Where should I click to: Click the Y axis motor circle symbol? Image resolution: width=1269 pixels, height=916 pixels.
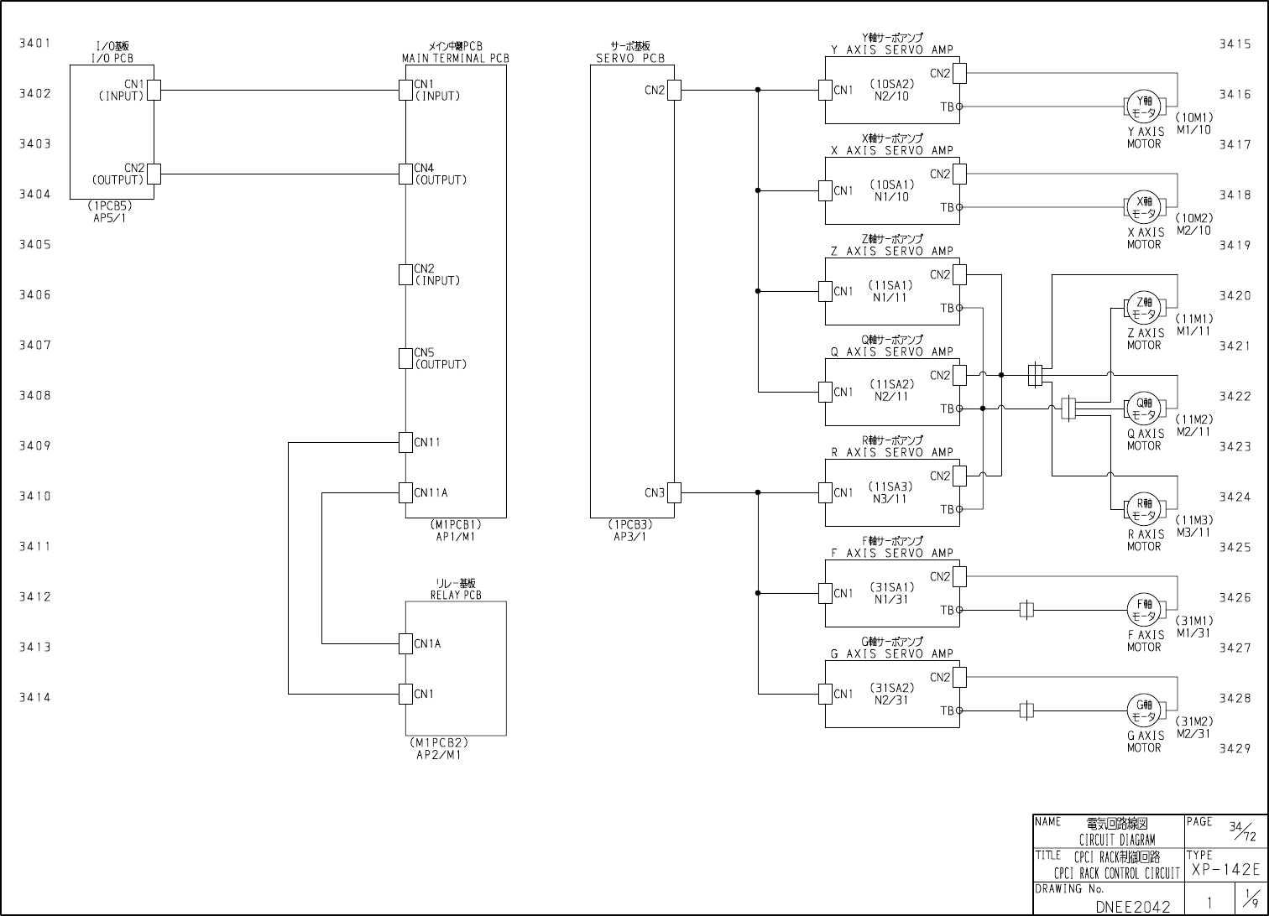(1143, 107)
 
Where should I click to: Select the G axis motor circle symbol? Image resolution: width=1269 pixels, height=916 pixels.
(1143, 710)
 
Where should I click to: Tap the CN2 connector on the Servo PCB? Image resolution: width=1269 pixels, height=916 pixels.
(674, 90)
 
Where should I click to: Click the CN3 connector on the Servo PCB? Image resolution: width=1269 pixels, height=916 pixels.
(674, 492)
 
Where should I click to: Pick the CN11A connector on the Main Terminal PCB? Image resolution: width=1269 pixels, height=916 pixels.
(405, 492)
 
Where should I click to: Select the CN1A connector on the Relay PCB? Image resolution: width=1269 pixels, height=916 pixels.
(405, 643)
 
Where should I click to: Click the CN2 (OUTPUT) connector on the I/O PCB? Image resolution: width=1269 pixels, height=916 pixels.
(154, 174)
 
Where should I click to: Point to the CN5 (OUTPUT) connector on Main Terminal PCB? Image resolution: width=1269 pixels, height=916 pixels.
(405, 358)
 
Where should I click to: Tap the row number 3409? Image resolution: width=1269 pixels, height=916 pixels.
(35, 445)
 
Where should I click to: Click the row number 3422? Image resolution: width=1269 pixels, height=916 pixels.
(1235, 396)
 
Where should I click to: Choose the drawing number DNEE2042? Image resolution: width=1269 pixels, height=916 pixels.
(1132, 906)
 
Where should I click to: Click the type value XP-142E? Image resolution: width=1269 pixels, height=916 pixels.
(1225, 869)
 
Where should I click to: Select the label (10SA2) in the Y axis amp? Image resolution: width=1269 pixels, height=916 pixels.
(890, 84)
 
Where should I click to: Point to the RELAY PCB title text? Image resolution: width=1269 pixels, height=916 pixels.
(456, 596)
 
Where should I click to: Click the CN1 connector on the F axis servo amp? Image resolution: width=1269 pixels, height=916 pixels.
(825, 593)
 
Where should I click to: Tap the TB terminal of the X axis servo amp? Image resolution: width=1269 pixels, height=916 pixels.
(959, 207)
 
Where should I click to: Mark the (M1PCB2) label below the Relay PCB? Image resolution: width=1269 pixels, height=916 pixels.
(439, 742)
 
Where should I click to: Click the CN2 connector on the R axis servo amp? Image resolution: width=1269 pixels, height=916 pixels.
(959, 476)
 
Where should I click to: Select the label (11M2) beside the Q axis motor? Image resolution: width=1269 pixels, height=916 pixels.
(1193, 419)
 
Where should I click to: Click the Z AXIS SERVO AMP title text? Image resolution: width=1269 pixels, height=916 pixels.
(892, 251)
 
